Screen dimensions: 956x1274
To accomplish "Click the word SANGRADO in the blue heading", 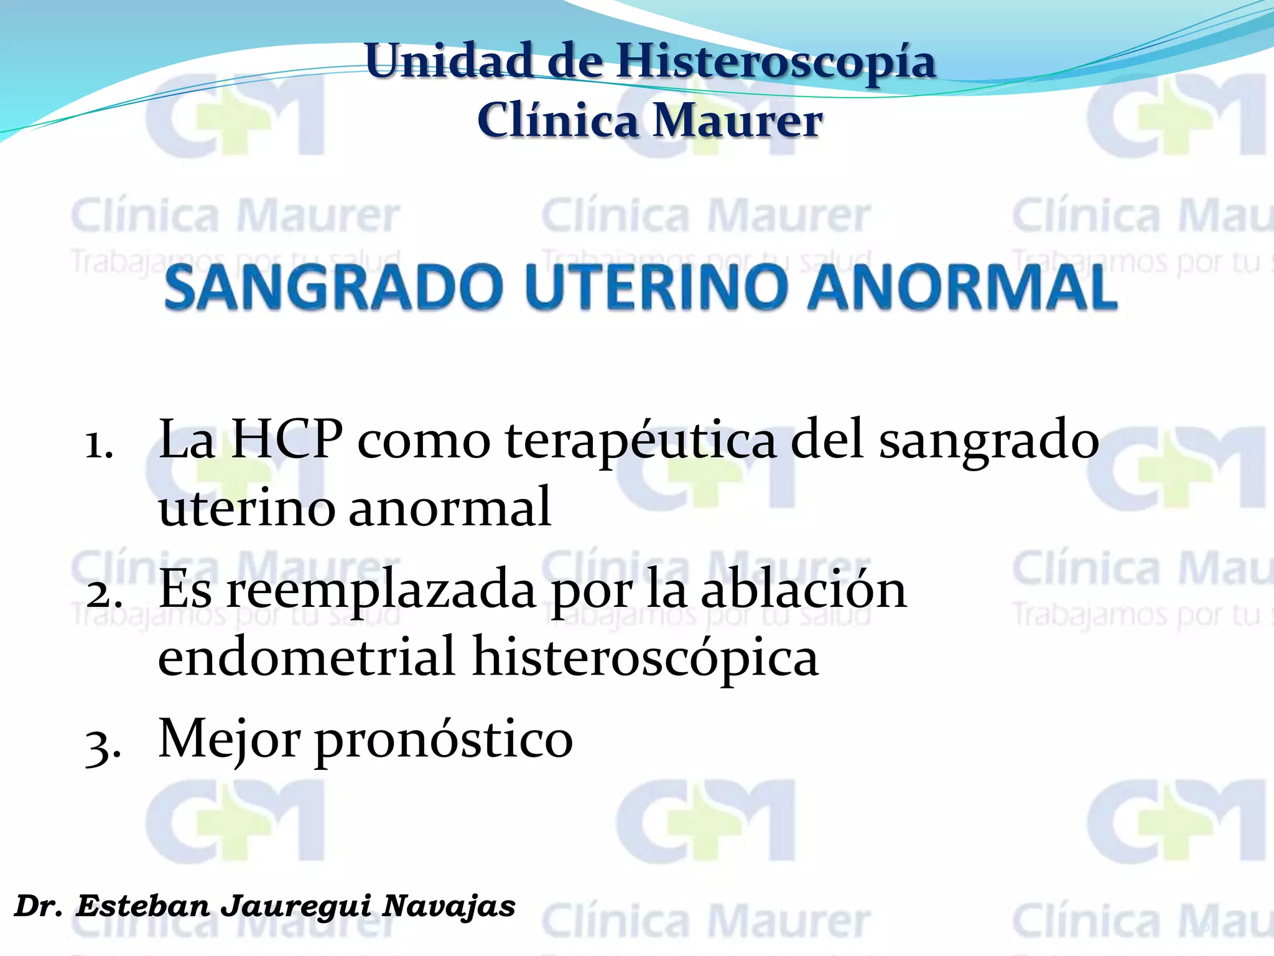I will (x=333, y=288).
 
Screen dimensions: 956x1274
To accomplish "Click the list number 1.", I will (x=99, y=445).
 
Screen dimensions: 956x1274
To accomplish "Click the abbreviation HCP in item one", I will (x=286, y=440).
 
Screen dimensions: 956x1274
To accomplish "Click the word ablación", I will (x=803, y=590).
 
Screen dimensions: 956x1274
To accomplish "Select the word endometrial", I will (x=307, y=657).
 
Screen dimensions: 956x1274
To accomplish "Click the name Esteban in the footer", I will (x=144, y=906).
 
